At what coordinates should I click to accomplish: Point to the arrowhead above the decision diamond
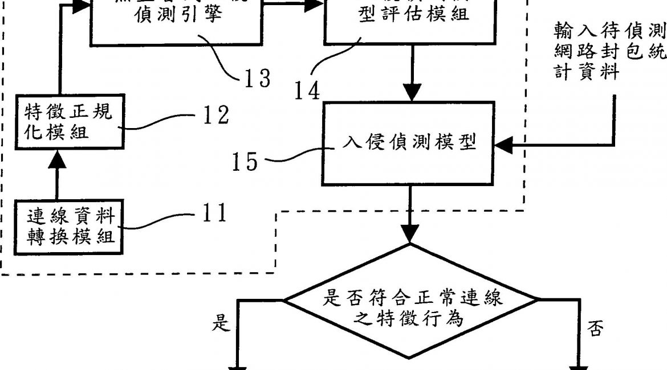(410, 233)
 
